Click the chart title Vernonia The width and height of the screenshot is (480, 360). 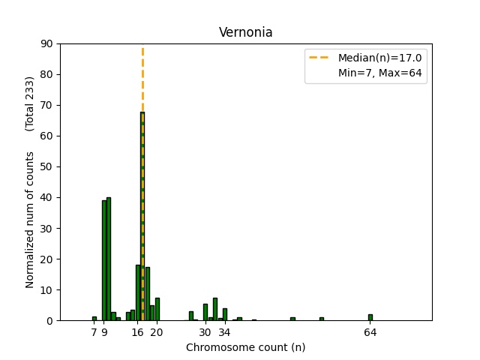(240, 32)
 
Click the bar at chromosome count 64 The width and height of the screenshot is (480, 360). (370, 317)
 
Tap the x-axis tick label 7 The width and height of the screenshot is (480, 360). (94, 332)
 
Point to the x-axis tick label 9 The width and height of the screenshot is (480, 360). (104, 332)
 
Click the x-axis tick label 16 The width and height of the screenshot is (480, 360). (138, 332)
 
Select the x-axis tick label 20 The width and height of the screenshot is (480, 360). (157, 332)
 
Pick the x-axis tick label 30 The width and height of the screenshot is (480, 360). (205, 332)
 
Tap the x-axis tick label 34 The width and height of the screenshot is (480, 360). (224, 332)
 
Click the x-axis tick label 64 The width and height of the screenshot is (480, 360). (370, 332)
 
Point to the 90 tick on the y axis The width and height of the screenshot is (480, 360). (46, 43)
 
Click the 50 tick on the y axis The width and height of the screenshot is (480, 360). (46, 166)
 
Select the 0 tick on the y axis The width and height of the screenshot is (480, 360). (49, 320)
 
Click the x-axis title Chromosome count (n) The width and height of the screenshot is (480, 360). (245, 347)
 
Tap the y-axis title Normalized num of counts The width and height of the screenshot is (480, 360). (30, 220)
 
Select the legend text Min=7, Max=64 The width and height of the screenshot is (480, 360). (380, 73)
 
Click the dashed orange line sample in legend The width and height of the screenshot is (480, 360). (320, 58)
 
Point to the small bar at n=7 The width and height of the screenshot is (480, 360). (94, 318)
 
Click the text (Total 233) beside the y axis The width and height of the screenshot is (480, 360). (30, 103)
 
